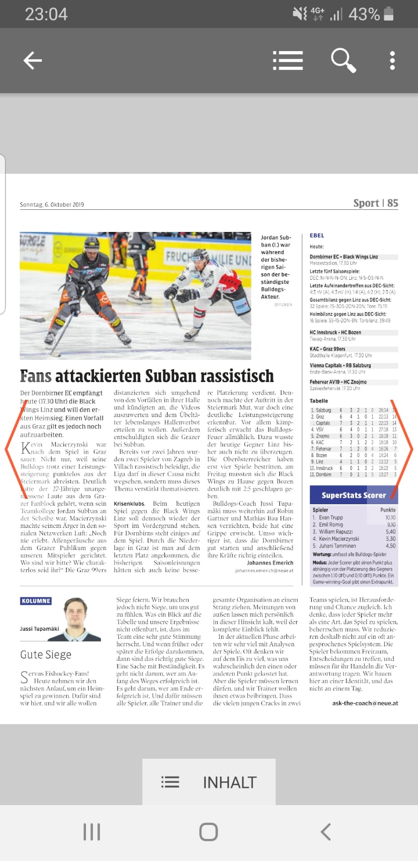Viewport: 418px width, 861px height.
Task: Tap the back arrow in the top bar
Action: click(x=33, y=61)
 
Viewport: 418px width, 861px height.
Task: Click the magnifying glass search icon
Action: click(x=343, y=60)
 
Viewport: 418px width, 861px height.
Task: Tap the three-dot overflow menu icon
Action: click(x=392, y=61)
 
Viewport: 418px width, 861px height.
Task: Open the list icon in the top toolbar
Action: click(x=287, y=60)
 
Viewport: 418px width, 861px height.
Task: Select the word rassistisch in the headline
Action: click(x=237, y=376)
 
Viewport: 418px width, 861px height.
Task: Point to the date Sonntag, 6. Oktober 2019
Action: click(x=52, y=204)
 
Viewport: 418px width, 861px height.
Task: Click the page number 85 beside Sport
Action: click(x=393, y=203)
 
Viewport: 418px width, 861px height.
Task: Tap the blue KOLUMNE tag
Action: click(x=36, y=601)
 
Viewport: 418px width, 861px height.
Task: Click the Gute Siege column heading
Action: click(x=46, y=654)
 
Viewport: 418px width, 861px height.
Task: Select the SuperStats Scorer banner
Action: click(x=353, y=495)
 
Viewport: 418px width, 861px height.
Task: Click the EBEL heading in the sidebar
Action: click(x=317, y=235)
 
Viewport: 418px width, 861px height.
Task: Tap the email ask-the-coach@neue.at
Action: click(x=365, y=703)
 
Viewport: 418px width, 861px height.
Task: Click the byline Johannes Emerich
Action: click(x=270, y=563)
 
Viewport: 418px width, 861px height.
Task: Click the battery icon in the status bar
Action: click(x=389, y=14)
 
